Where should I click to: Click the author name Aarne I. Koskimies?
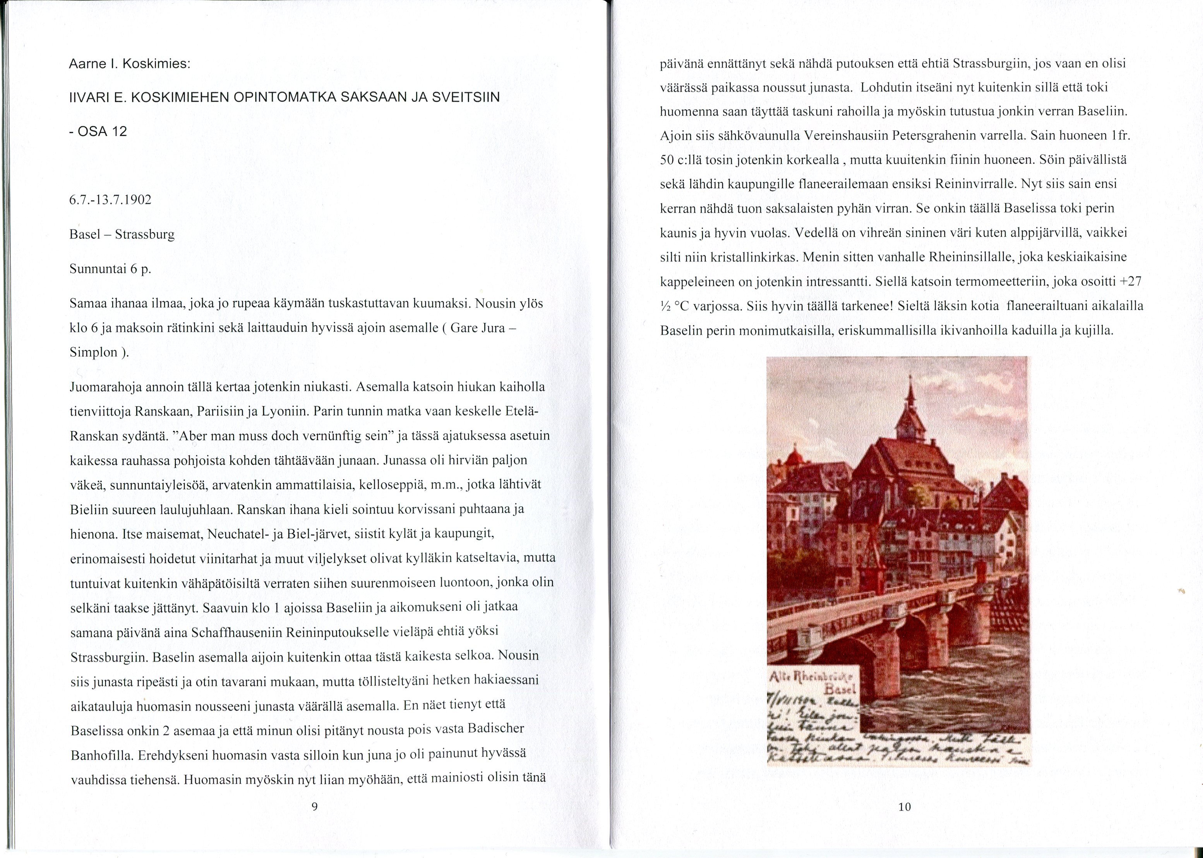click(130, 64)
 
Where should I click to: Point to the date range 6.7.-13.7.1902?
click(110, 200)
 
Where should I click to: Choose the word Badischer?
click(496, 729)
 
